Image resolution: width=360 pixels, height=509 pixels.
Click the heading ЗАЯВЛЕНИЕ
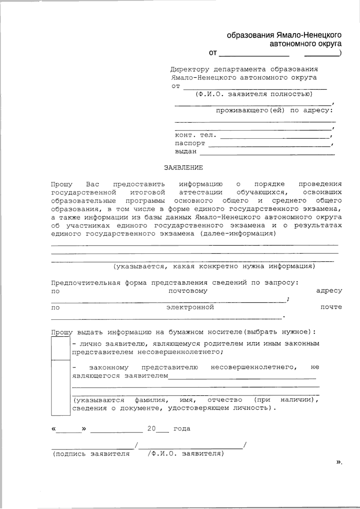pos(183,168)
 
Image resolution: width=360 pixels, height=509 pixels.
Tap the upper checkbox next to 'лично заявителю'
pos(61,348)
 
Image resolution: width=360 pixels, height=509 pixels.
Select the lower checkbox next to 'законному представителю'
pos(61,387)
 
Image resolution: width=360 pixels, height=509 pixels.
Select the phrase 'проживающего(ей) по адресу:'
pos(274,111)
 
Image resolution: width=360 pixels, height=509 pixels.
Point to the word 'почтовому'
pos(188,291)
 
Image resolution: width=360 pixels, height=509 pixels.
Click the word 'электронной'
pos(190,307)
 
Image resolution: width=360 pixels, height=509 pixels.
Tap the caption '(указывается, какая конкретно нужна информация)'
pos(214,266)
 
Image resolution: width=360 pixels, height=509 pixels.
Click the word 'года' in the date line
pos(182,429)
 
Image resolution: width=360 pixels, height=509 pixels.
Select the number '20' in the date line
pos(151,429)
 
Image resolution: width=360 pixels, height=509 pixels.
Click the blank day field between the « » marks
pos(69,429)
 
